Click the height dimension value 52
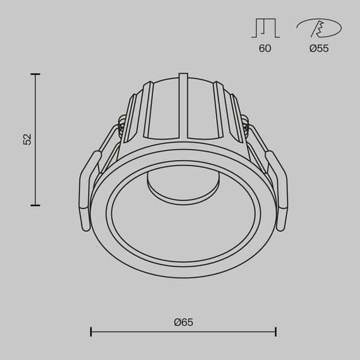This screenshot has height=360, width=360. [27, 140]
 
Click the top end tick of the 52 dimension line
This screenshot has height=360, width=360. [35, 75]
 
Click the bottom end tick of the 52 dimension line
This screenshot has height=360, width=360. [35, 205]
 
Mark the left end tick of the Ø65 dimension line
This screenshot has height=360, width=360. [92, 331]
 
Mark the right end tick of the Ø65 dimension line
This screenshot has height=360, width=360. [275, 331]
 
